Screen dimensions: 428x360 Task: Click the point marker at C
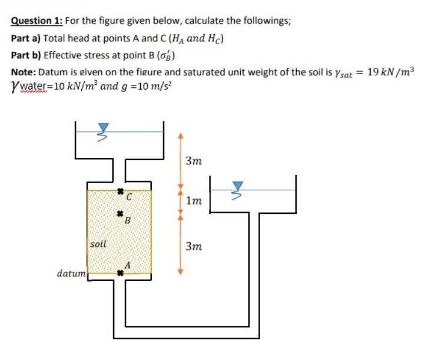click(118, 191)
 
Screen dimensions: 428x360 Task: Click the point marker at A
click(120, 273)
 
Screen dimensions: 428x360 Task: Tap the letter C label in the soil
click(127, 199)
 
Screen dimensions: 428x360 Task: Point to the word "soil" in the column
click(98, 242)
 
